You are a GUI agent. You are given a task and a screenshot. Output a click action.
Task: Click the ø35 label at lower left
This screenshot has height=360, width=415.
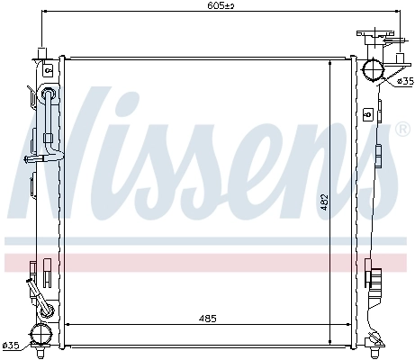(x=10, y=345)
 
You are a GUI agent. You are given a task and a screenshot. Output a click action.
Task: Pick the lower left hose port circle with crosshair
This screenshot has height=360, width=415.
(x=41, y=334)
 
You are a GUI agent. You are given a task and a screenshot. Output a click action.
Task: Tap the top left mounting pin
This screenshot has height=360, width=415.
(x=41, y=51)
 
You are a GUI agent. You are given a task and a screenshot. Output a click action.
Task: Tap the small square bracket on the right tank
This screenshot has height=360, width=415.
(x=370, y=114)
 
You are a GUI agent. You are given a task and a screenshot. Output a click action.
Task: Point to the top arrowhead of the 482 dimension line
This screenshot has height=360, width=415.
(x=330, y=60)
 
